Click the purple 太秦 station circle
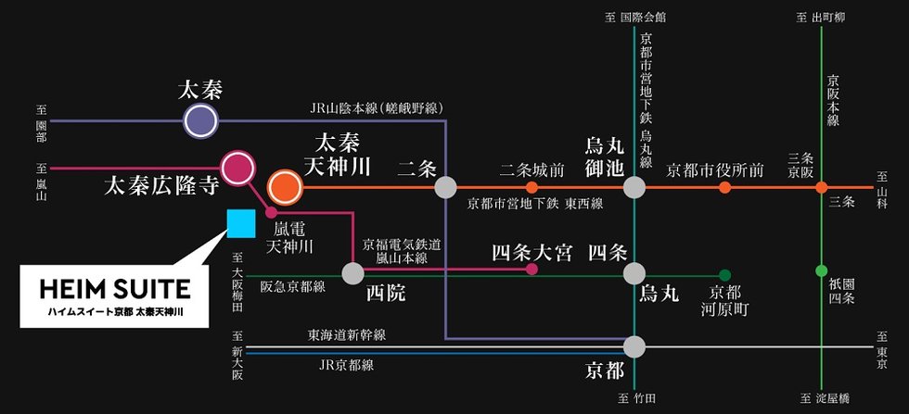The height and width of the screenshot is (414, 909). pos(199,120)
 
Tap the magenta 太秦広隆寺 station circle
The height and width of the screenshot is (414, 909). pos(238,167)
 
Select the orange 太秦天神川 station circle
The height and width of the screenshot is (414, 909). pos(285,187)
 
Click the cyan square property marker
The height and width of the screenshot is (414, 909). pos(241,223)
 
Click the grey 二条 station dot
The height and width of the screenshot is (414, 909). pos(446,187)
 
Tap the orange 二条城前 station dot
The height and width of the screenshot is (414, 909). pos(531,187)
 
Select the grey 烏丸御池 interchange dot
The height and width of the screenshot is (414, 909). pos(634,187)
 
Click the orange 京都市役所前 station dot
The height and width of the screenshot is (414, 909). pos(724,187)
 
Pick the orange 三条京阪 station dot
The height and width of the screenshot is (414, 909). pos(821,187)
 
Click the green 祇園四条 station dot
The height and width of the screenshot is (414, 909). pos(821,270)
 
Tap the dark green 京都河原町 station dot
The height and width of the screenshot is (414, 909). pos(724,274)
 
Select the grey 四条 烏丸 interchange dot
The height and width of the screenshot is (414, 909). pos(634,273)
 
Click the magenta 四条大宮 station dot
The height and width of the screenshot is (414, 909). pos(531,270)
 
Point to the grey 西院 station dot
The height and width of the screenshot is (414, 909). pos(353,273)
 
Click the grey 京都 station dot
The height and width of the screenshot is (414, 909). pos(634,347)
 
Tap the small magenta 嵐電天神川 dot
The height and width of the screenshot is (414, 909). pos(272,212)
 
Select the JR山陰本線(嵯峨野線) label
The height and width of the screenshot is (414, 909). pos(376,108)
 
